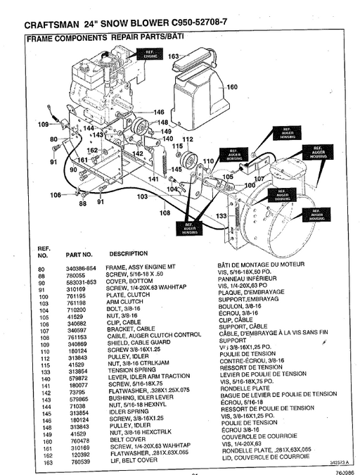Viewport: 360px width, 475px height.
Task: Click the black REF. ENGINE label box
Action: (150, 53)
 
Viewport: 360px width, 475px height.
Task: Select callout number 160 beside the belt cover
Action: (232, 87)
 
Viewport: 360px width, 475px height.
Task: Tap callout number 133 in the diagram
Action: (221, 215)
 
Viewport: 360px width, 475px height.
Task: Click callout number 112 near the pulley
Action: (187, 139)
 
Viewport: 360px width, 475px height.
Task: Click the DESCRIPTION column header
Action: (128, 253)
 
